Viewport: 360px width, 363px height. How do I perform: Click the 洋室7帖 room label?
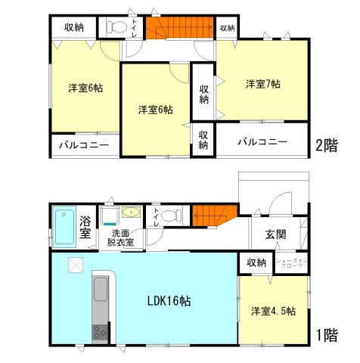coord(262,83)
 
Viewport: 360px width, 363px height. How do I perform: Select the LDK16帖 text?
coord(168,300)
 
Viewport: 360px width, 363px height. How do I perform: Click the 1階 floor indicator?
coord(327,334)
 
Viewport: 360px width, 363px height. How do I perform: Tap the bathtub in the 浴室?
coord(64,225)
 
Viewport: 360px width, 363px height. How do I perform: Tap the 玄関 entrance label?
coord(275,234)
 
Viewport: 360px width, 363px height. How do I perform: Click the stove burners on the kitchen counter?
coord(101,330)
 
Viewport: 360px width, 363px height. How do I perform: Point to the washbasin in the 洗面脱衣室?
coord(130,213)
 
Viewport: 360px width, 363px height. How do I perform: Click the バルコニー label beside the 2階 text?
coord(262,141)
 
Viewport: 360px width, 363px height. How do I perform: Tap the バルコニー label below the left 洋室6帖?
coord(83,144)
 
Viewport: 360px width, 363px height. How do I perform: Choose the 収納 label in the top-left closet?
coord(73,27)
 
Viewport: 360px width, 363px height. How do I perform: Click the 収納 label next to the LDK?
coord(256,262)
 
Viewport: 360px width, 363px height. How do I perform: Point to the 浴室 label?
coord(85,227)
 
